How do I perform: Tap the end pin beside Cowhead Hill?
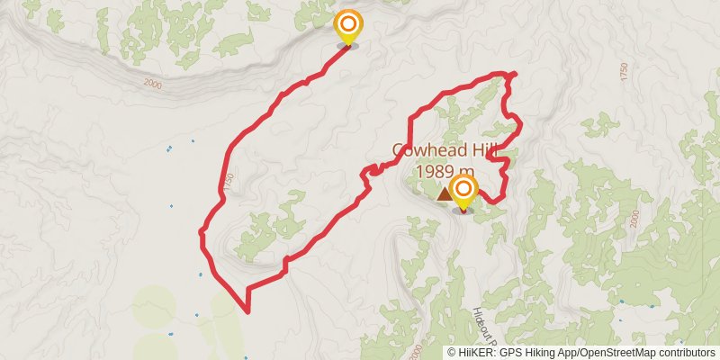click(x=463, y=191)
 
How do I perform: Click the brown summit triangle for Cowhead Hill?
click(x=445, y=193)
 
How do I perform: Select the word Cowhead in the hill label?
click(x=425, y=150)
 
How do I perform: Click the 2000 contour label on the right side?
click(x=634, y=217)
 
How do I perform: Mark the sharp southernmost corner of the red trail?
click(x=247, y=311)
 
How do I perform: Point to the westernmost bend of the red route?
click(x=200, y=233)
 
